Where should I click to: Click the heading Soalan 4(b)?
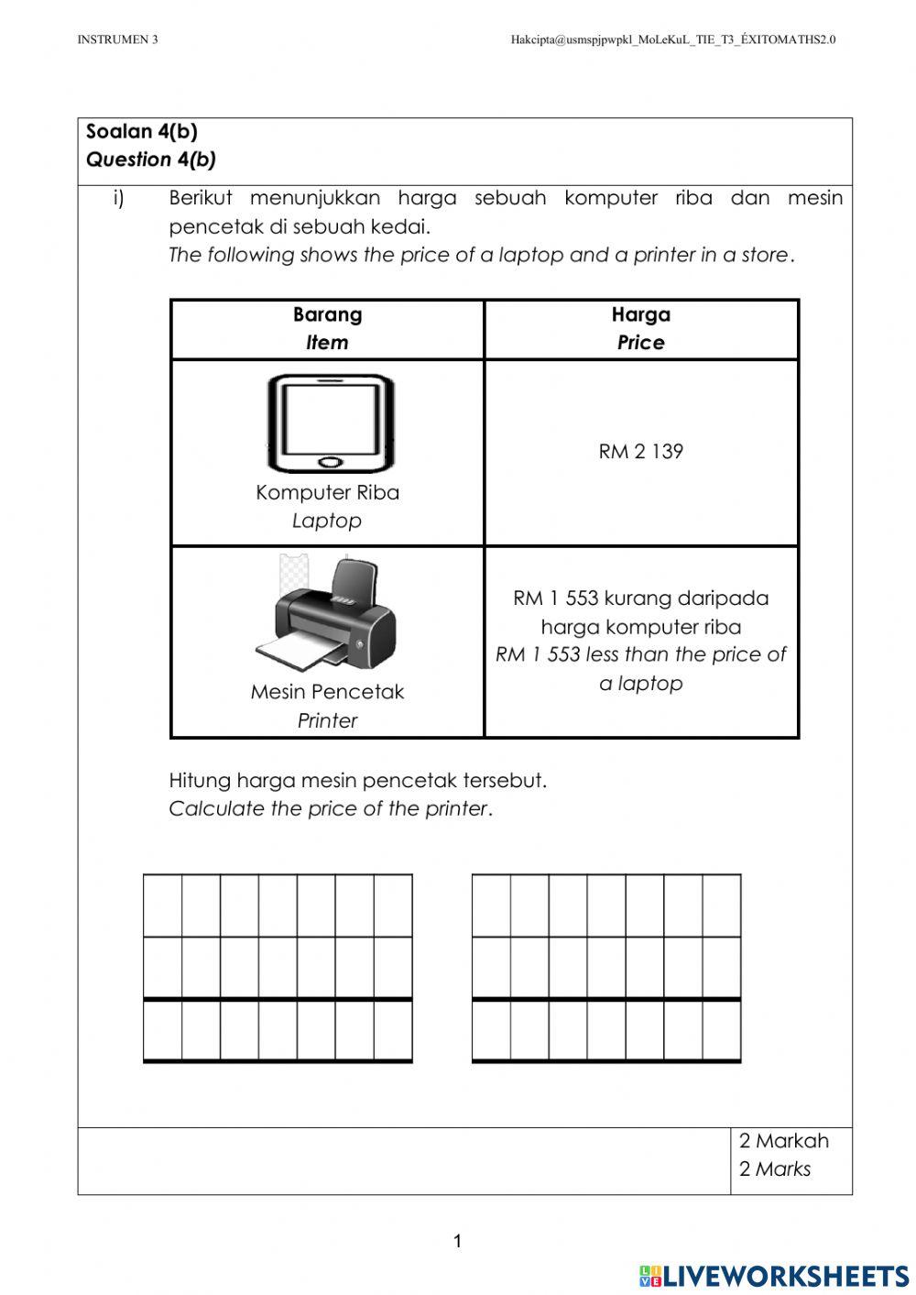pyautogui.click(x=142, y=131)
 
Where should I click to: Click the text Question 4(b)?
pyautogui.click(x=151, y=159)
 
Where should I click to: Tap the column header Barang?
pyautogui.click(x=327, y=314)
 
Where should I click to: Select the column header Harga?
pyautogui.click(x=640, y=314)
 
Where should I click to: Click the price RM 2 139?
pyautogui.click(x=640, y=451)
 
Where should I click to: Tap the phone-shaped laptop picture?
pyautogui.click(x=331, y=423)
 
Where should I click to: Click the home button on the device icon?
pyautogui.click(x=331, y=461)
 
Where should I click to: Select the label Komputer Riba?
pyautogui.click(x=327, y=492)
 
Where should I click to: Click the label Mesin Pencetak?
pyautogui.click(x=327, y=692)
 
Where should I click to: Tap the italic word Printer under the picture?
pyautogui.click(x=327, y=720)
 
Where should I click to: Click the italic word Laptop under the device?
pyautogui.click(x=327, y=521)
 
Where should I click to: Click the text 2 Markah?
pyautogui.click(x=783, y=1141)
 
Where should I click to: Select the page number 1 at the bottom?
pyautogui.click(x=458, y=1242)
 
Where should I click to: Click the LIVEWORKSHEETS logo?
pyautogui.click(x=774, y=1275)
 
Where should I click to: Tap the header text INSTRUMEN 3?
pyautogui.click(x=117, y=39)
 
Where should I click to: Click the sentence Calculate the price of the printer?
pyautogui.click(x=331, y=808)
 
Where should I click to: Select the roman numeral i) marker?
pyautogui.click(x=118, y=198)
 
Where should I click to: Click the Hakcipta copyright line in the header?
pyautogui.click(x=672, y=39)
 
